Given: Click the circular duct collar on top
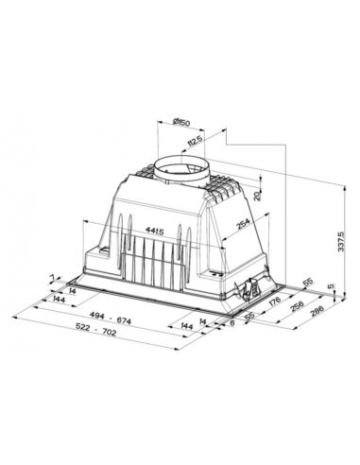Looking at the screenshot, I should [x=180, y=170].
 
